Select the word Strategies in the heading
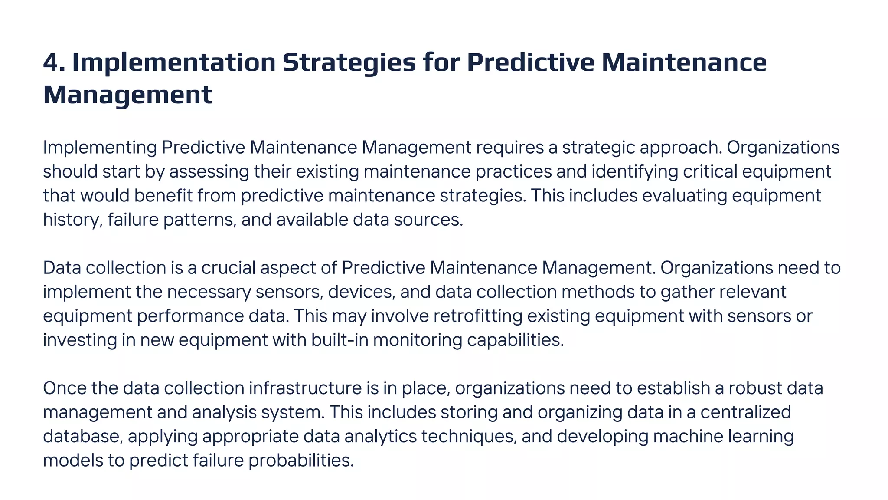click(349, 62)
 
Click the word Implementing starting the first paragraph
click(100, 148)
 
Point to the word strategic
click(598, 148)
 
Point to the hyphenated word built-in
click(340, 340)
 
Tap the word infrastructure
click(305, 388)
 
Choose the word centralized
click(745, 412)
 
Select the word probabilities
click(301, 460)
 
